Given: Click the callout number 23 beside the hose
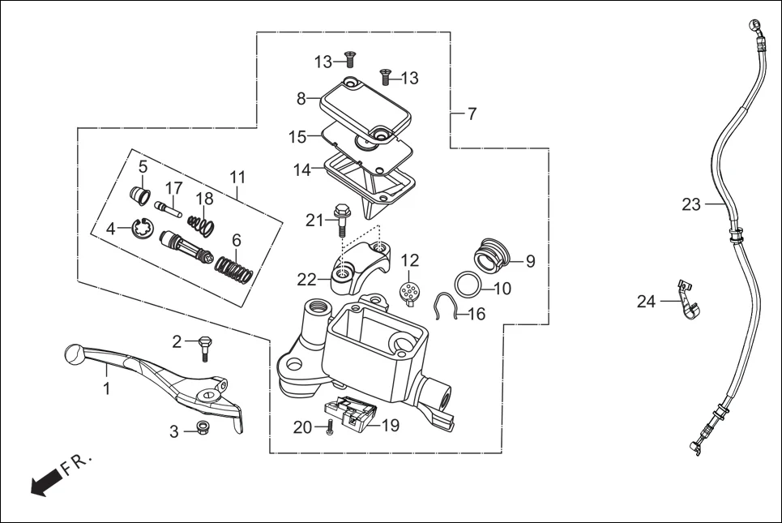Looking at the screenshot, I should coord(690,205).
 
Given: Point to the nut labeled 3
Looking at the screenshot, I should coord(201,429).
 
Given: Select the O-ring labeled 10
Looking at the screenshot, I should coord(468,285).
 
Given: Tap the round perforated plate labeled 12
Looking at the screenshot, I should coord(411,292).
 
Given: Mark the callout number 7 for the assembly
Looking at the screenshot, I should coord(472,114).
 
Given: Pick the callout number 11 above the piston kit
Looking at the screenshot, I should coord(237,177).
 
